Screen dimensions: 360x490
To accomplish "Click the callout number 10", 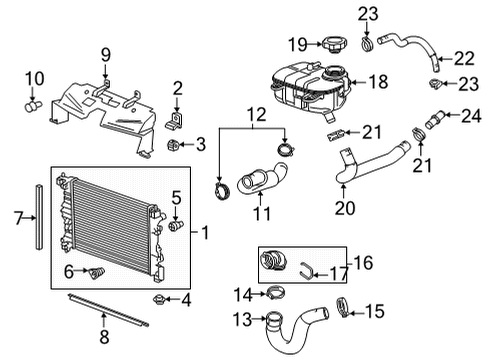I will pos(34,79).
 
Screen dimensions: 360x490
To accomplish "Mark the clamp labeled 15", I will pos(345,306).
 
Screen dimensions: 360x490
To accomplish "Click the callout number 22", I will pos(464,60).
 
